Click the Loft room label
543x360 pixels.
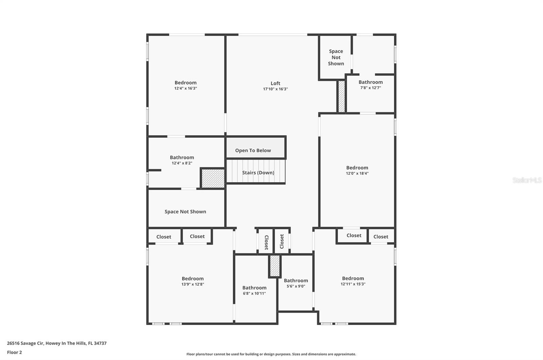[x=275, y=83]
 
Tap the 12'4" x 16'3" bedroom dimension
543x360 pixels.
[x=185, y=88]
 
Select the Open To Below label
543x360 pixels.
[x=253, y=150]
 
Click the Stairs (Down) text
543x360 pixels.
[x=258, y=172]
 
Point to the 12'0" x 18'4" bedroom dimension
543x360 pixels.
[x=357, y=173]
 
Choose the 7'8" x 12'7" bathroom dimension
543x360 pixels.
[x=371, y=88]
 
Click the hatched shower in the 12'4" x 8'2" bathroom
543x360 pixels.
[x=213, y=178]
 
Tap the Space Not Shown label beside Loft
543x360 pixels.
[x=336, y=57]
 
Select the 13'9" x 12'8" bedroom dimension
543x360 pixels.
[x=192, y=284]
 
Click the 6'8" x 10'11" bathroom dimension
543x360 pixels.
[x=254, y=293]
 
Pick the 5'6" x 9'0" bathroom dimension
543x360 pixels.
[x=296, y=286]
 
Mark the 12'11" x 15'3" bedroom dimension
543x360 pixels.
[x=353, y=284]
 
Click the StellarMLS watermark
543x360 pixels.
[x=527, y=180]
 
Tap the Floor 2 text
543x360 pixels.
[x=14, y=352]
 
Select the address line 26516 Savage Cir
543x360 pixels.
[x=57, y=343]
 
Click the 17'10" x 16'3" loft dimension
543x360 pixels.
[x=275, y=89]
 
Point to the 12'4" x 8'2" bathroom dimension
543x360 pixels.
[x=182, y=163]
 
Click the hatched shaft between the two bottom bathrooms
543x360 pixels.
[x=275, y=266]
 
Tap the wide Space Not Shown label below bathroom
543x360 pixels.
[x=185, y=211]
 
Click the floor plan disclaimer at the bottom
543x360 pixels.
[x=271, y=354]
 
